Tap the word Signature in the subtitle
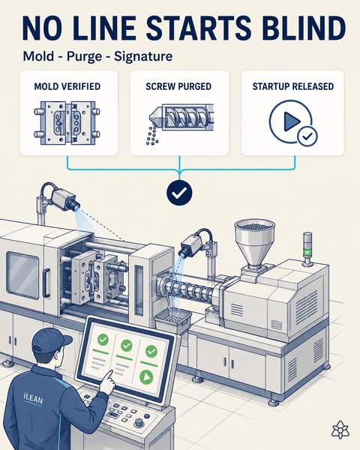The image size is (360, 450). (143, 56)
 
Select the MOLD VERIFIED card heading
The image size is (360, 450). (67, 86)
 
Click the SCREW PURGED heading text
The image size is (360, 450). (178, 86)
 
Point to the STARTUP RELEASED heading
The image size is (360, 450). (293, 86)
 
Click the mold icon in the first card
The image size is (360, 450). (67, 122)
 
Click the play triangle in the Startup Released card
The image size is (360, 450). (292, 121)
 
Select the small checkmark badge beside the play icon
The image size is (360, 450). (307, 136)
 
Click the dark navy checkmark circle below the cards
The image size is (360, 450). (179, 193)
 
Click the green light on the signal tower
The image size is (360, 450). (307, 252)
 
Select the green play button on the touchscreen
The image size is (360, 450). (147, 377)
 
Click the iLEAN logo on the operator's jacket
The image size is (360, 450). (33, 399)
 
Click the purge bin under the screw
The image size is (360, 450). (173, 321)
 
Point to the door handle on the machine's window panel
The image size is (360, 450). (46, 283)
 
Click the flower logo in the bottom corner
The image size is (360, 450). (340, 430)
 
